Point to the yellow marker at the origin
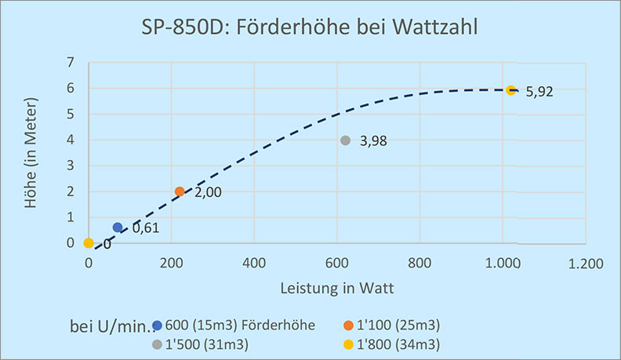(89, 243)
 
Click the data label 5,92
(540, 92)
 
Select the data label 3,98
(374, 142)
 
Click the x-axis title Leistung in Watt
(337, 288)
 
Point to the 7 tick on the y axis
(71, 63)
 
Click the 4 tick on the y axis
(71, 140)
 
